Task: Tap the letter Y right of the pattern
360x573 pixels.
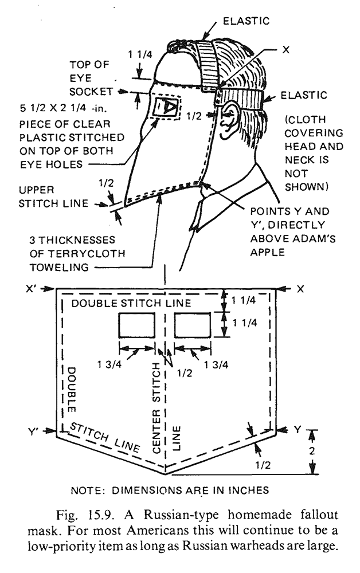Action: tap(298, 430)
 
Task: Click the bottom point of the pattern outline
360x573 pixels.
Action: tap(166, 474)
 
